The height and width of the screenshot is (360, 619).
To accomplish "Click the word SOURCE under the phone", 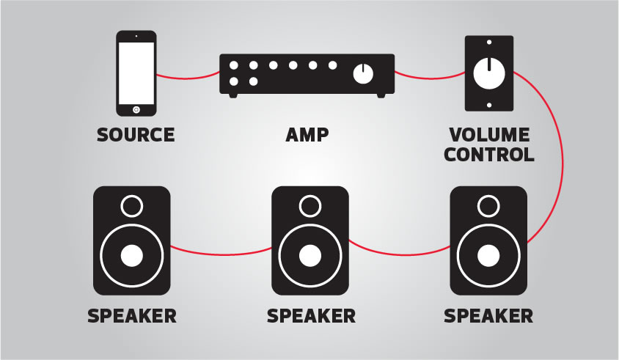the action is click(136, 135).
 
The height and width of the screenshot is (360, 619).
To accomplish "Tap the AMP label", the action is click(307, 135).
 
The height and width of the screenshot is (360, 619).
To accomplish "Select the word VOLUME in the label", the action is click(489, 135).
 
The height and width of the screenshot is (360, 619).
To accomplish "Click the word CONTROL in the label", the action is click(489, 155).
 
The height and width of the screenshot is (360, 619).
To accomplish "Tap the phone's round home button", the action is click(136, 110).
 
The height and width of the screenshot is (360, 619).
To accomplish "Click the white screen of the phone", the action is click(136, 73).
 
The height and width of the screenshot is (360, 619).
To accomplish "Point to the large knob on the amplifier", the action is click(363, 73).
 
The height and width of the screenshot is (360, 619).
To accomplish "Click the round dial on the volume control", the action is click(489, 73).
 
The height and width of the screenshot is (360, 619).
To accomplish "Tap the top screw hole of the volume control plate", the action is click(489, 43).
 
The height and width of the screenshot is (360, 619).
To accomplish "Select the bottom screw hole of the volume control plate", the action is click(489, 105).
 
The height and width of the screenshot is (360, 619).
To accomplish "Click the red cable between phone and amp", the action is click(188, 76).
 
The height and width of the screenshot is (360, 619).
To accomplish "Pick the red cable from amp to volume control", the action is click(430, 76).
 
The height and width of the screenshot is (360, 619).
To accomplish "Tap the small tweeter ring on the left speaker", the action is click(132, 205).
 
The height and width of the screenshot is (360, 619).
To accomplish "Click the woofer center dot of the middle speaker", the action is click(310, 256).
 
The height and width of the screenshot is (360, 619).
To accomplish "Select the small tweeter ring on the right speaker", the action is click(488, 205).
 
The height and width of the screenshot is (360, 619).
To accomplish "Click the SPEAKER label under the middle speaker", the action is click(311, 316).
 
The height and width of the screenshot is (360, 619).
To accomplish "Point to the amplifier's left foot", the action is click(233, 96).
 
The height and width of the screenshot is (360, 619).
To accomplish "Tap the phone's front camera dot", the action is click(136, 37).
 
